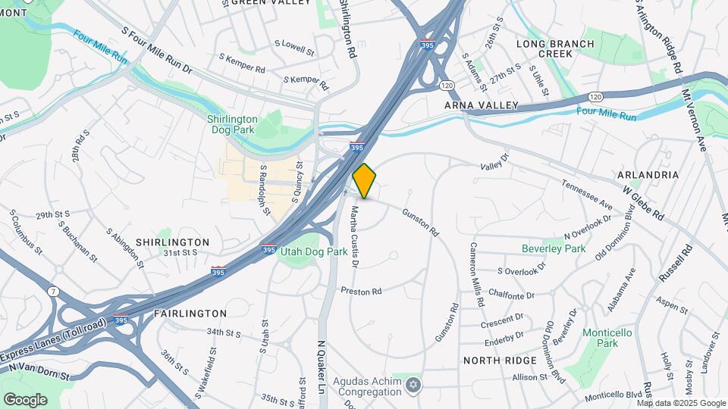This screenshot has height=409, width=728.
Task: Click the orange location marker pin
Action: coord(365,180)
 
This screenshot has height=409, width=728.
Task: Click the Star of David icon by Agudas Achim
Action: coord(413,386)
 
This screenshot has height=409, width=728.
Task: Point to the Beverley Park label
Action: coord(554,248)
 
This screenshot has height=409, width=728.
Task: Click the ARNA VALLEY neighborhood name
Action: coord(482,105)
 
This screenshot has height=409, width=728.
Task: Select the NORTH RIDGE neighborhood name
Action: coord(500,361)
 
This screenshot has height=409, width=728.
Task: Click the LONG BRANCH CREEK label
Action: coord(555,48)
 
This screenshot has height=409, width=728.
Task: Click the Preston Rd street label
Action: coord(360,291)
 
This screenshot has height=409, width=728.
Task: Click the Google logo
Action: coord(25,399)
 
